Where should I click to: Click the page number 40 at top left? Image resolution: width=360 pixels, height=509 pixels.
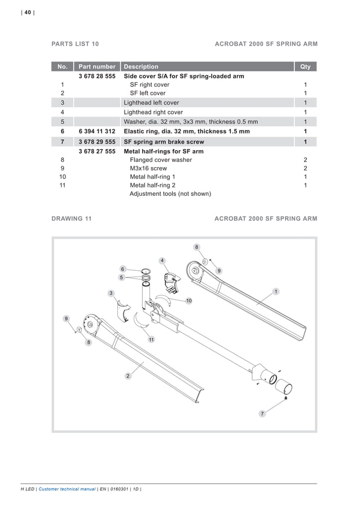pyautogui.click(x=28, y=13)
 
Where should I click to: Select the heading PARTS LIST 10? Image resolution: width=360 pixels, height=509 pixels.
pyautogui.click(x=75, y=43)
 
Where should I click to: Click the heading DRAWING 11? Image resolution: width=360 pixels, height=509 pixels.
pyautogui.click(x=72, y=218)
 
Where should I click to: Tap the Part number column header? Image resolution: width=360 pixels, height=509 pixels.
pyautogui.click(x=97, y=67)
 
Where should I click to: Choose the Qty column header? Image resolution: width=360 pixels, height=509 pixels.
pyautogui.click(x=305, y=67)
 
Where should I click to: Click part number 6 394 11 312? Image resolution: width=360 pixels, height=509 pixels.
pyautogui.click(x=97, y=131)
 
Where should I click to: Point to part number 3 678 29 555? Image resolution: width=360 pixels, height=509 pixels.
pyautogui.click(x=97, y=142)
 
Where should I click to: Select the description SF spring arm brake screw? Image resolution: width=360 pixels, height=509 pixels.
pyautogui.click(x=164, y=142)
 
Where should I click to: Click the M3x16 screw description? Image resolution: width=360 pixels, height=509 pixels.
pyautogui.click(x=148, y=168)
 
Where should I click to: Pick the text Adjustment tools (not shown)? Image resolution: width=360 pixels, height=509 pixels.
pyautogui.click(x=170, y=194)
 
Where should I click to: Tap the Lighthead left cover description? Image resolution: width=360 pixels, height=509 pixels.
pyautogui.click(x=151, y=103)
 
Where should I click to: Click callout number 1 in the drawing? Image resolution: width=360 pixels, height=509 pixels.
pyautogui.click(x=276, y=291)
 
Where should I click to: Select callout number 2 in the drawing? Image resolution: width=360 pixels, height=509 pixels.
pyautogui.click(x=128, y=376)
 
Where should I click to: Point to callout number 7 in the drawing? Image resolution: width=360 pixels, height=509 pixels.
pyautogui.click(x=262, y=414)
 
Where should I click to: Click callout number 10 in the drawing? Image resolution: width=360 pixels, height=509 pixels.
pyautogui.click(x=189, y=301)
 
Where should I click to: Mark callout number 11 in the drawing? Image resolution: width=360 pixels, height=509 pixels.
pyautogui.click(x=151, y=340)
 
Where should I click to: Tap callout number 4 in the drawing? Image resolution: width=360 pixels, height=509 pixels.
pyautogui.click(x=162, y=260)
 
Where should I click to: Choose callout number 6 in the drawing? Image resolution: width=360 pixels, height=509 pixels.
pyautogui.click(x=122, y=269)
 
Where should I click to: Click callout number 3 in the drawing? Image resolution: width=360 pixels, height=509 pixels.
pyautogui.click(x=111, y=293)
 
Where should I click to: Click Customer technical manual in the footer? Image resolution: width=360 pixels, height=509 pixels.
pyautogui.click(x=67, y=489)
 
